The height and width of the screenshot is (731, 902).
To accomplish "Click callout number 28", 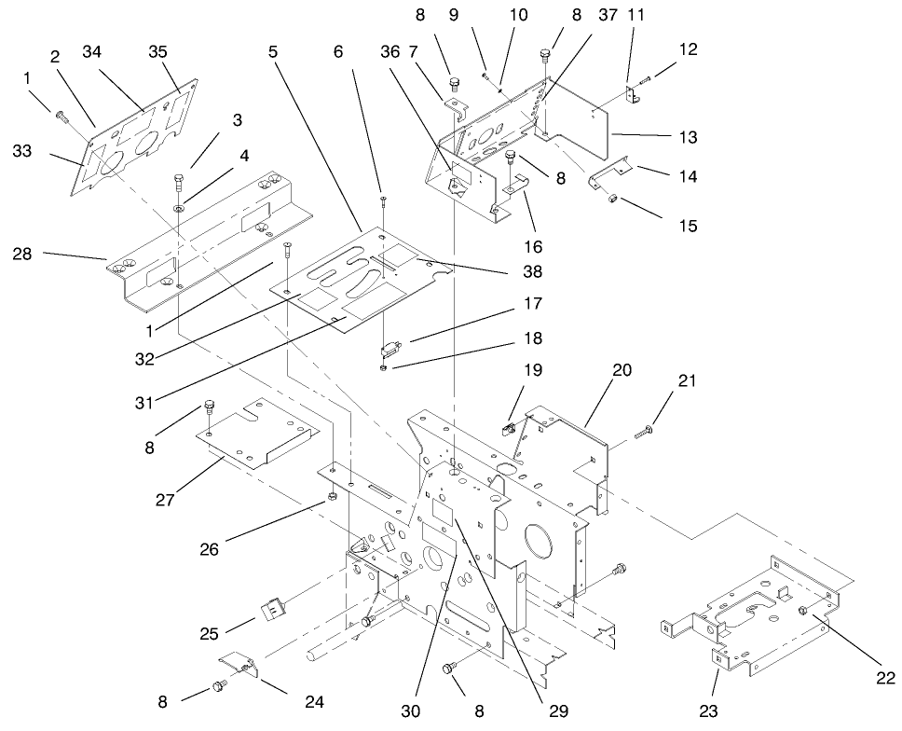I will point(24,254).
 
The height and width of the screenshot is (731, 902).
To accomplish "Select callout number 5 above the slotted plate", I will point(273,53).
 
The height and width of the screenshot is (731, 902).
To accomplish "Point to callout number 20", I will point(622,370).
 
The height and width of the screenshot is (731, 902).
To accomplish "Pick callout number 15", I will point(689,225).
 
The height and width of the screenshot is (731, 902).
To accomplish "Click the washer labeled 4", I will point(178,202).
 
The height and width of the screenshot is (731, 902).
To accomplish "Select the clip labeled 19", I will point(510,429).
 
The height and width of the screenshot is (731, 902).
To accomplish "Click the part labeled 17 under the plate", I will point(389,352).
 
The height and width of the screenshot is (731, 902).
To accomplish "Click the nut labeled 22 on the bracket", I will point(802,611).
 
